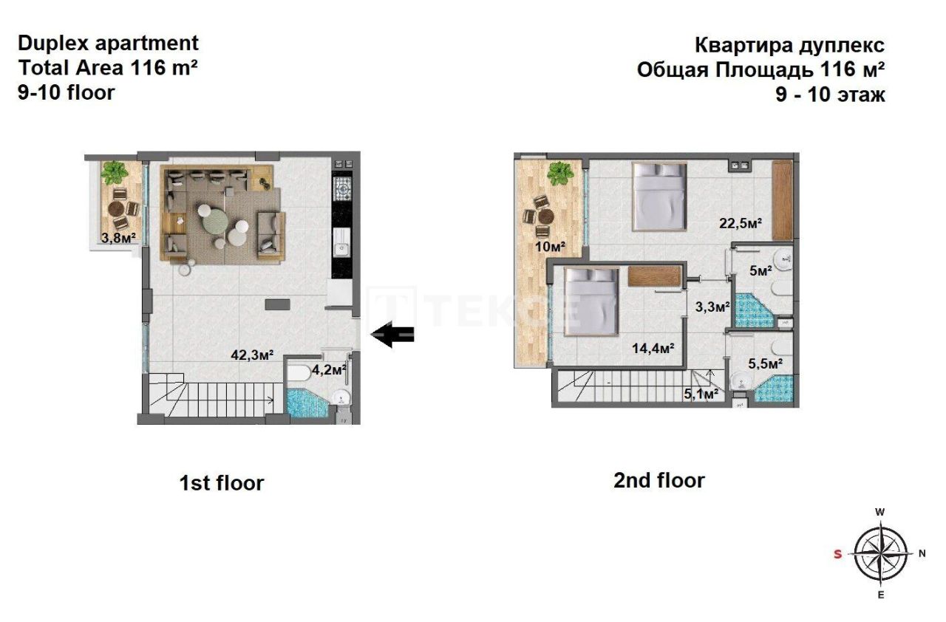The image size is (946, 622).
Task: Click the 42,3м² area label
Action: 252,355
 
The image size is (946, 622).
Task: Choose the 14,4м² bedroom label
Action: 654,348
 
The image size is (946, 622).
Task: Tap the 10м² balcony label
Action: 550,246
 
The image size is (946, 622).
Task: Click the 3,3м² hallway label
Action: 712,305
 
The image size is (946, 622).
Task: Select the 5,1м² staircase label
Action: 701,394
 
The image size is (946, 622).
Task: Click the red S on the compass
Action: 837,554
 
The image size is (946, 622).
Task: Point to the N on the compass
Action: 921,553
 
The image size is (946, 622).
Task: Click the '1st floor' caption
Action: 222,483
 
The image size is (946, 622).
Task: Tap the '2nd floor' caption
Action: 659,480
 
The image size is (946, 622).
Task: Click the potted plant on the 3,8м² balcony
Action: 114,174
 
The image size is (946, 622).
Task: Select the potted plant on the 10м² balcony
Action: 559,174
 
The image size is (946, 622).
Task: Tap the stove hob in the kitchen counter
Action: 342,189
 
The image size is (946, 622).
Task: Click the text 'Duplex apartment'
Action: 108,43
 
